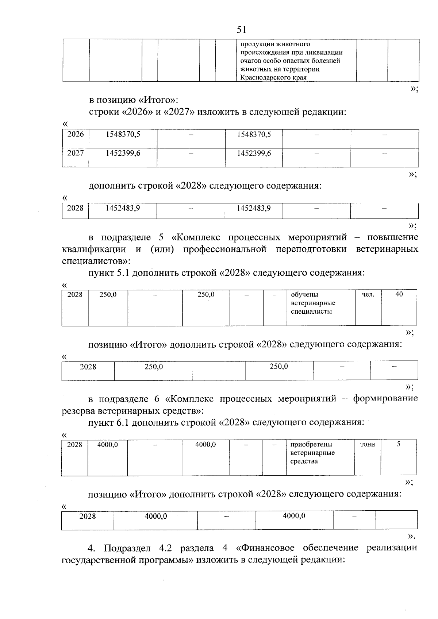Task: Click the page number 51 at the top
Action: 241,30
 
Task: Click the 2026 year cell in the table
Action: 76,134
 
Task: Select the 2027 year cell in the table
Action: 76,153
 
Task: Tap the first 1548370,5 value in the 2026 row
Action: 123,134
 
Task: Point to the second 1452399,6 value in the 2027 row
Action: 254,153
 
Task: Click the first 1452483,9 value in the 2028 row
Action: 123,208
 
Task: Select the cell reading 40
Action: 399,294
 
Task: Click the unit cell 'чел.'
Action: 368,294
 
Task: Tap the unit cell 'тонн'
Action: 368,444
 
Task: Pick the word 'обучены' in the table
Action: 304,294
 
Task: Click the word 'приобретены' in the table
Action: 311,444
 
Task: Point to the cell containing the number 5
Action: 399,444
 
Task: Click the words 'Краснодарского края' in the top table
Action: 273,78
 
